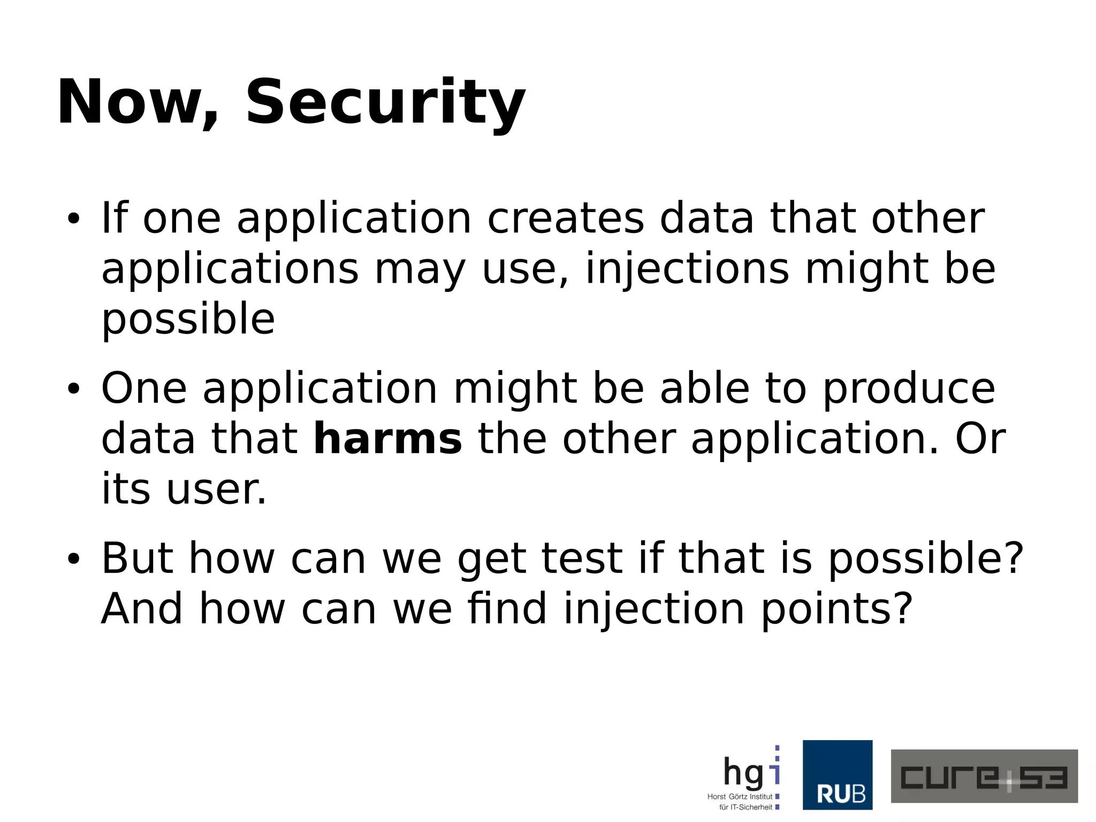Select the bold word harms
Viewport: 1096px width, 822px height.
(x=387, y=439)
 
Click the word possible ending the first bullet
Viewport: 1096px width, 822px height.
(x=188, y=319)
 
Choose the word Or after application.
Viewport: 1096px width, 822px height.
(x=980, y=439)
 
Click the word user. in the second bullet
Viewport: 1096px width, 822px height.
(x=216, y=489)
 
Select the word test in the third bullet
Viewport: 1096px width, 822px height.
(x=582, y=559)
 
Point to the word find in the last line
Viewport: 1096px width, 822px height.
(x=507, y=609)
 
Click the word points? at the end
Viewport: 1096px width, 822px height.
(x=836, y=609)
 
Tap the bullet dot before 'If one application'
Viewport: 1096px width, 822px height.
(x=73, y=220)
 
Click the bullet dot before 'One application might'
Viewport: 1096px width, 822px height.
(x=73, y=390)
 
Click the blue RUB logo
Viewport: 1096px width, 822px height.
(x=838, y=775)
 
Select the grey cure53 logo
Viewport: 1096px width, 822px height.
(x=984, y=776)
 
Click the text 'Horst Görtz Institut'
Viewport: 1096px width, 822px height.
(x=740, y=797)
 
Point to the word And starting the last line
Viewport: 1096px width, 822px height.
(x=142, y=609)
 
